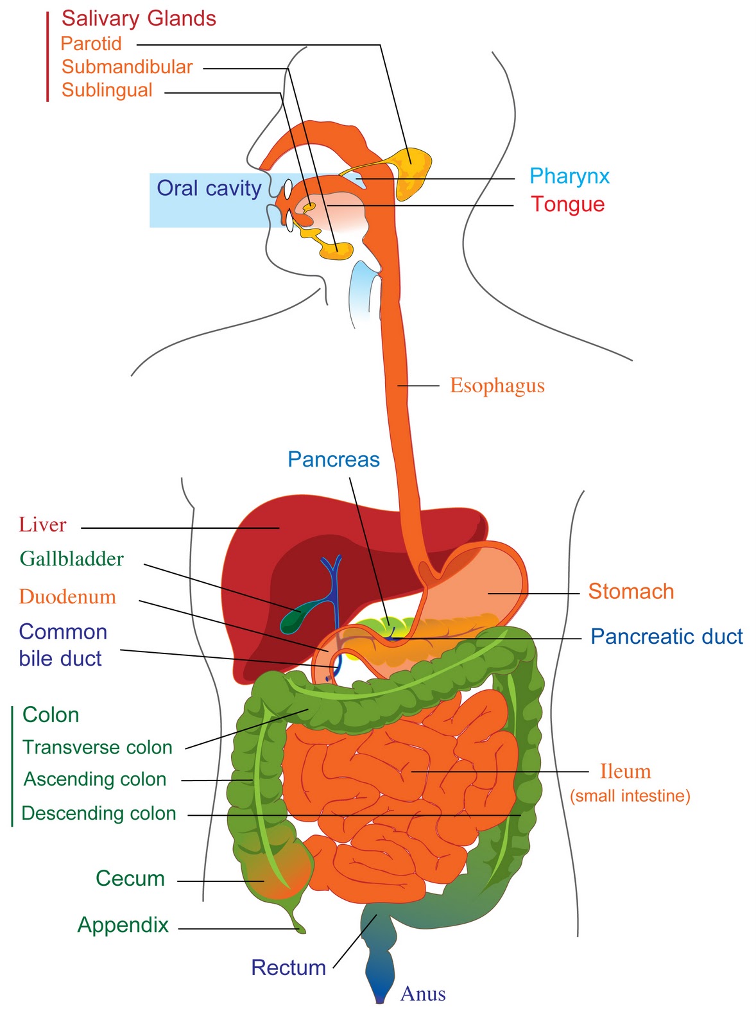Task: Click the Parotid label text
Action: (x=91, y=44)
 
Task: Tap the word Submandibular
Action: (x=127, y=67)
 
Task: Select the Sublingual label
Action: (x=107, y=91)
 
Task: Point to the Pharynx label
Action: (x=569, y=176)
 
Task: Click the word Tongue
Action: (x=567, y=204)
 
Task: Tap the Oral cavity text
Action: (x=209, y=189)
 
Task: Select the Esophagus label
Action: (x=497, y=385)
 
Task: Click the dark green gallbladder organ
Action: (x=291, y=618)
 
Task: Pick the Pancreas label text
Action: (x=334, y=460)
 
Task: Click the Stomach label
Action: (x=631, y=591)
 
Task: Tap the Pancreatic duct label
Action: (x=667, y=636)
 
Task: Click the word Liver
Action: (x=42, y=524)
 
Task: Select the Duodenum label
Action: (x=67, y=597)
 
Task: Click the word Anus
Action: (x=423, y=994)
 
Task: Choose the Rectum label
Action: (x=288, y=968)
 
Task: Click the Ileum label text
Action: (x=625, y=772)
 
